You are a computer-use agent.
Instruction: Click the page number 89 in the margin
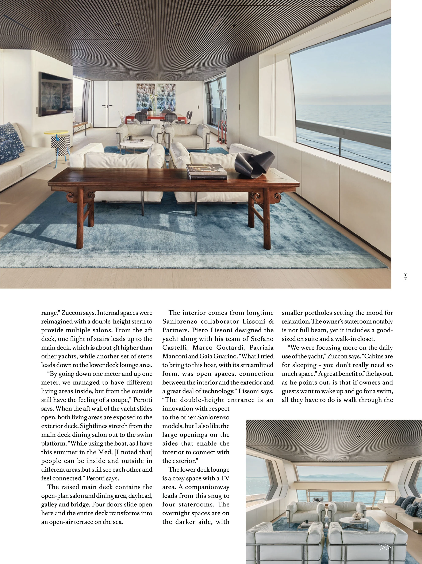click(405, 277)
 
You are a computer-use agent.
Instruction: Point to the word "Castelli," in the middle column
click(174, 347)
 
